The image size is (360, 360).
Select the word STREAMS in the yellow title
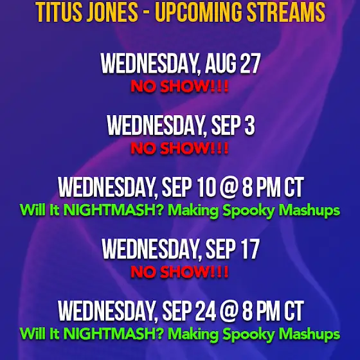(286, 12)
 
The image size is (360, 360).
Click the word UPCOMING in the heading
(199, 12)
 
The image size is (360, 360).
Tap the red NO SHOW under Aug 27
(179, 86)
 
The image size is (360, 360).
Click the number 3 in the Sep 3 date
(250, 125)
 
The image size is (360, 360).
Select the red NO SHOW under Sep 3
(179, 148)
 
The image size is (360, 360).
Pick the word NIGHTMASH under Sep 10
(113, 210)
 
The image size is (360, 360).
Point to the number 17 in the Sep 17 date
(250, 249)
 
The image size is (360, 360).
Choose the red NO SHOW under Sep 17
(179, 272)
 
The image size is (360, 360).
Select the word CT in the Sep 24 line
(294, 311)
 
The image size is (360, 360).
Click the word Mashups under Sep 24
(309, 335)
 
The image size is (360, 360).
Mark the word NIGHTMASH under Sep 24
(113, 334)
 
